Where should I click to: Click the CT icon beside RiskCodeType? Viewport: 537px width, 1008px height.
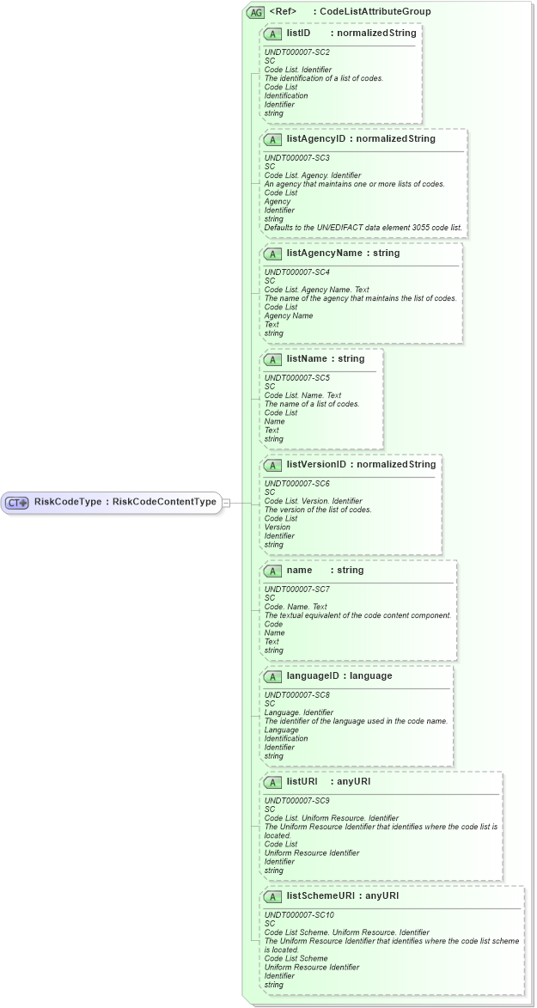(18, 502)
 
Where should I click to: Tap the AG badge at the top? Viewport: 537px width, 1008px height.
(255, 12)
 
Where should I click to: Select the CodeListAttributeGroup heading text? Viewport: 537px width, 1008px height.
(375, 12)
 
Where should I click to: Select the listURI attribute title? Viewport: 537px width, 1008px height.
(302, 781)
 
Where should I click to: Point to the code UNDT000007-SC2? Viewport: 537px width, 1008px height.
(296, 52)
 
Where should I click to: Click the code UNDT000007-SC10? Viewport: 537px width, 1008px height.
(298, 915)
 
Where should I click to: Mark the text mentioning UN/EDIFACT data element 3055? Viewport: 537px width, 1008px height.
(363, 228)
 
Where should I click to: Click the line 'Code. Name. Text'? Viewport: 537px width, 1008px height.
(296, 607)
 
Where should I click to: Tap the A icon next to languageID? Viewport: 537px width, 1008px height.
(273, 676)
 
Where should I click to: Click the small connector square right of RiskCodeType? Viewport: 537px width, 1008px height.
(226, 502)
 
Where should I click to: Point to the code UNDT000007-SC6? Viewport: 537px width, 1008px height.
(296, 484)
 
